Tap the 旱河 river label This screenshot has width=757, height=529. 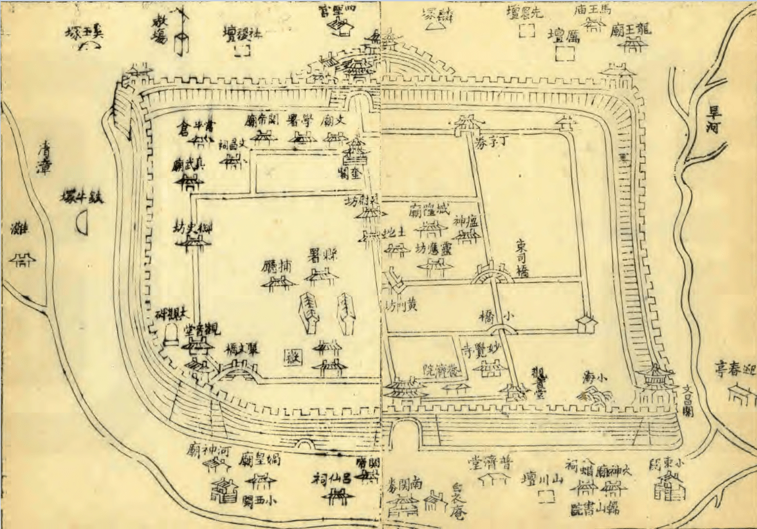[x=713, y=119]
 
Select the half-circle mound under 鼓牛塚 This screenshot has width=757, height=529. [x=82, y=224]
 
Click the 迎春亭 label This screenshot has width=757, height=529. [x=735, y=370]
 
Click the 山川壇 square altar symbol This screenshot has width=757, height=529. [x=543, y=498]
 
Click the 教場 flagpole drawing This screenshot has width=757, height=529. [x=182, y=33]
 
